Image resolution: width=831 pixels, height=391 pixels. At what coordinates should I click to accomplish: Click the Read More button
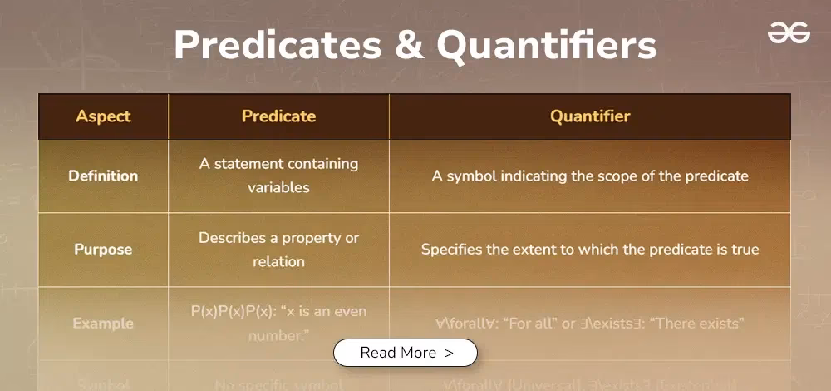click(x=406, y=353)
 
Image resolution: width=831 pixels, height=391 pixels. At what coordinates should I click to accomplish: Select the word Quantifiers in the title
click(x=547, y=46)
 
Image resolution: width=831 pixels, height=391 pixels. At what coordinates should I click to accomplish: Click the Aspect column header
click(x=103, y=116)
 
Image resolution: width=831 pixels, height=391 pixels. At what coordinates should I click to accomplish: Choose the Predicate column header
click(x=278, y=116)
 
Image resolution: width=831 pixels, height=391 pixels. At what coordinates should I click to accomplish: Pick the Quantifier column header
click(x=590, y=116)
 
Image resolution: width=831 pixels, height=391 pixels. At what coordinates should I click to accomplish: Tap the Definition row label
click(x=103, y=176)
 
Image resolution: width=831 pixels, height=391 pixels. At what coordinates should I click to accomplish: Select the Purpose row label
click(x=103, y=250)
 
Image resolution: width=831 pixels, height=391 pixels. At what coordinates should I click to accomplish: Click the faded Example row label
click(x=103, y=323)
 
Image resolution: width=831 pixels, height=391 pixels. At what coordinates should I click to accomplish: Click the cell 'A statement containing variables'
click(x=278, y=176)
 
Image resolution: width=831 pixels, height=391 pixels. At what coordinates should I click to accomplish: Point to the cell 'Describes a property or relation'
click(x=278, y=250)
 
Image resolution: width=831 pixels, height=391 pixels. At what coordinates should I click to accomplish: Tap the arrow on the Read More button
click(x=450, y=353)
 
